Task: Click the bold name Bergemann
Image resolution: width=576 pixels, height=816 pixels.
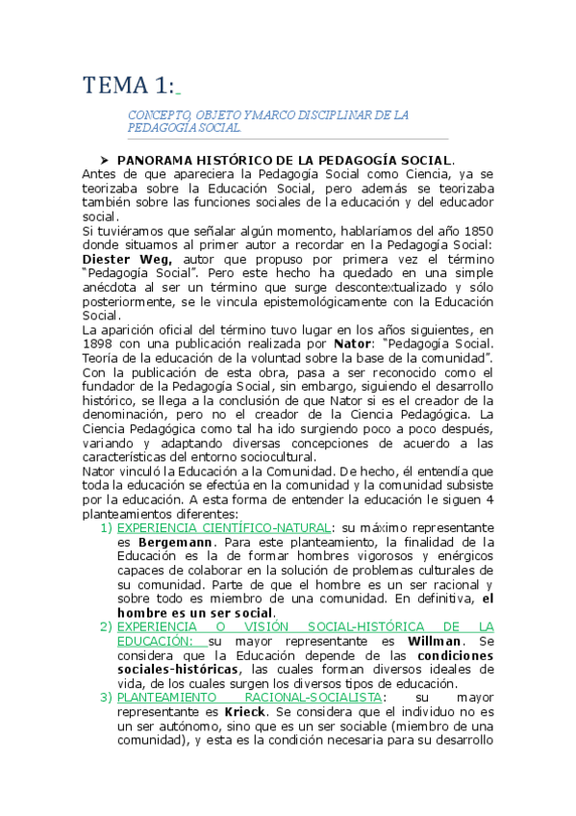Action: click(175, 542)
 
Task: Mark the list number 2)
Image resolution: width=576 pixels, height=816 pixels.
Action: click(106, 625)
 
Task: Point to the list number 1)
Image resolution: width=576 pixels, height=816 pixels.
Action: click(106, 527)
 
